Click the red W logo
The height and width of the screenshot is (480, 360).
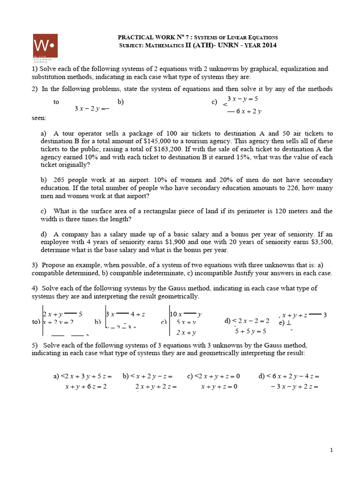click(x=45, y=46)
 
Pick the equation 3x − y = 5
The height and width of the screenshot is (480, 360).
click(x=243, y=99)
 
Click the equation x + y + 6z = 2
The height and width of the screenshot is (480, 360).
click(x=86, y=387)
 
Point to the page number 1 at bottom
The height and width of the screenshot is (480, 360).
click(x=331, y=450)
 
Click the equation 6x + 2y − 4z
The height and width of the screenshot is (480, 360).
click(x=292, y=376)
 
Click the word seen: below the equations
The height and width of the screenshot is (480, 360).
click(x=39, y=118)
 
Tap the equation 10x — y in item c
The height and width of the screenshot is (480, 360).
click(x=186, y=314)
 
